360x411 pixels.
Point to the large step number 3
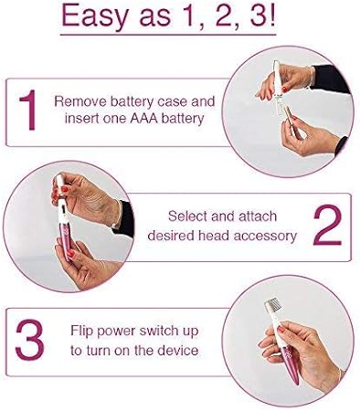[x=30, y=339]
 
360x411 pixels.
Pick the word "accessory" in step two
[x=268, y=236]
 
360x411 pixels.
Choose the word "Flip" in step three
[x=83, y=331]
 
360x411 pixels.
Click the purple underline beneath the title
[x=180, y=37]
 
